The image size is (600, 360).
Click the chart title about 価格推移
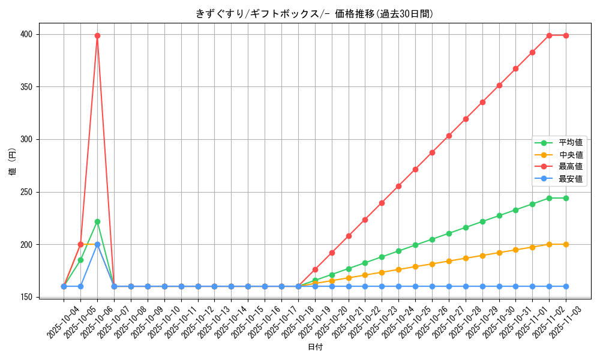click(314, 14)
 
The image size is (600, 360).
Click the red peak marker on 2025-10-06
click(97, 35)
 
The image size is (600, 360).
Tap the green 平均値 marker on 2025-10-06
click(97, 222)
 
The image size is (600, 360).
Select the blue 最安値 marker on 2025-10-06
click(97, 244)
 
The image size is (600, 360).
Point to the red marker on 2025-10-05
click(80, 244)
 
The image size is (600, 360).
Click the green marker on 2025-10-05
click(80, 260)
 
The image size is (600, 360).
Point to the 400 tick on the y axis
click(26, 34)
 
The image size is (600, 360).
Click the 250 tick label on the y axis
click(26, 192)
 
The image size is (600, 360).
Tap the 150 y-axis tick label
click(26, 297)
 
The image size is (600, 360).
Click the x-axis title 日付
click(315, 347)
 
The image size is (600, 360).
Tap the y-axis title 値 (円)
click(12, 162)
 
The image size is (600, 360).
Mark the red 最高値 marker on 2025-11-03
click(566, 35)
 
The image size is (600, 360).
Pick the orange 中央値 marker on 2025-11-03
click(566, 244)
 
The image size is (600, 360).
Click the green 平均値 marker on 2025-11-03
click(566, 198)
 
